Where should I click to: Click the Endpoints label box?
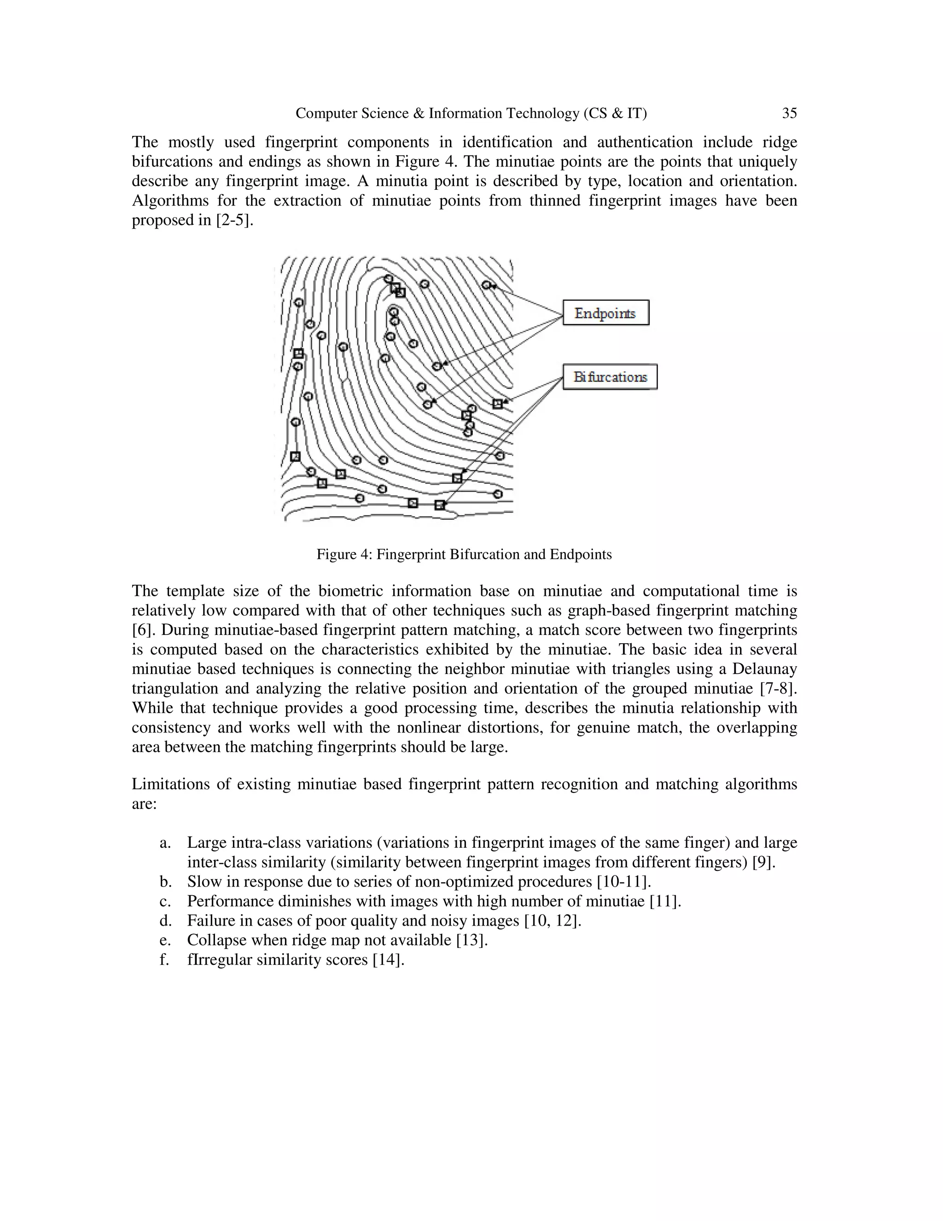click(x=605, y=312)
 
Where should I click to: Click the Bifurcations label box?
click(x=610, y=377)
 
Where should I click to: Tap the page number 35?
click(x=789, y=113)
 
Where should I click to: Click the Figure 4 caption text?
click(x=464, y=555)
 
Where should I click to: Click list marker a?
click(x=164, y=843)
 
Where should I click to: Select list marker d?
click(x=165, y=921)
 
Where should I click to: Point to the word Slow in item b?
click(x=202, y=881)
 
